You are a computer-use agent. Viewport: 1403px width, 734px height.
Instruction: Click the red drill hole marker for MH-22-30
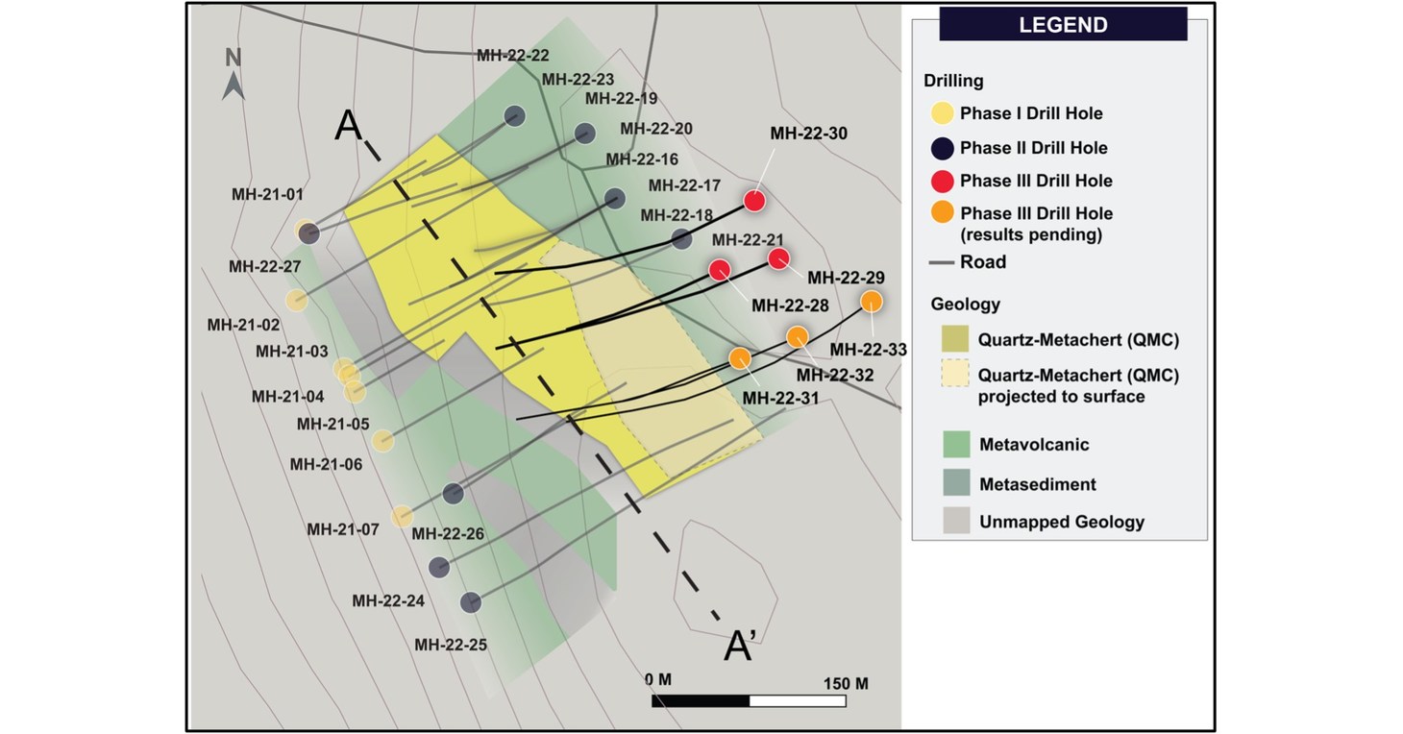(754, 201)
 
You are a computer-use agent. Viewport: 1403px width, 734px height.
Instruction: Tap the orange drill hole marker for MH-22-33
(871, 301)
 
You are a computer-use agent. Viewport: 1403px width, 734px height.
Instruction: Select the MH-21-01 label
(267, 194)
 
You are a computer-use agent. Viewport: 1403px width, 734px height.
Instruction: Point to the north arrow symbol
(234, 75)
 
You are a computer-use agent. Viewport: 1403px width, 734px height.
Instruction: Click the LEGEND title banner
(1063, 25)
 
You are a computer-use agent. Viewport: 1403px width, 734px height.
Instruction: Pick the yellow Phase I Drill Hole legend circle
(943, 113)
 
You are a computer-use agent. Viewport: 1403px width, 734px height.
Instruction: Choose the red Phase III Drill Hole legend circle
(943, 181)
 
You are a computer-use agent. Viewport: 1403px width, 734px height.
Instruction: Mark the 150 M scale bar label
(846, 683)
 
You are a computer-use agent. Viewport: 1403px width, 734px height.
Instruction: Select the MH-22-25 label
(451, 645)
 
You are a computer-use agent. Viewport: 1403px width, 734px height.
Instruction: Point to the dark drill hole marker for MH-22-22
(514, 115)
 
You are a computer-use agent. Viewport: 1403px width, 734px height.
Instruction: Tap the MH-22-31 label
(779, 398)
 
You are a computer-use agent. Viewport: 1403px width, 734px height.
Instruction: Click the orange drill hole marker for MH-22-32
(798, 336)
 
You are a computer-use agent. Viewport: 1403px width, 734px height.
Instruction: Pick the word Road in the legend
(983, 262)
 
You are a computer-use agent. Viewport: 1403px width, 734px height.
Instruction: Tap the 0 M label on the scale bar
(658, 680)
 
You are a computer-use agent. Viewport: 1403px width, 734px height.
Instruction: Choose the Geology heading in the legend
(965, 305)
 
